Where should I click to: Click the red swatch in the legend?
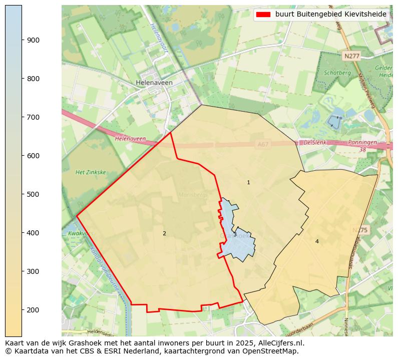263,15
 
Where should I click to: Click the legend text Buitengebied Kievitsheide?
330,15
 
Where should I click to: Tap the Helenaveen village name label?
154,83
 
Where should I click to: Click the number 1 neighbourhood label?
248,183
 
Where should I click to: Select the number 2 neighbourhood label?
164,234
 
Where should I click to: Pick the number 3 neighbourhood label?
235,235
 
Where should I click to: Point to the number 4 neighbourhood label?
317,242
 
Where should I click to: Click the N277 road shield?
351,56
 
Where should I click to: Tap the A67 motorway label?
262,144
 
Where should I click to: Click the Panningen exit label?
362,143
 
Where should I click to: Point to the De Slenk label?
315,143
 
